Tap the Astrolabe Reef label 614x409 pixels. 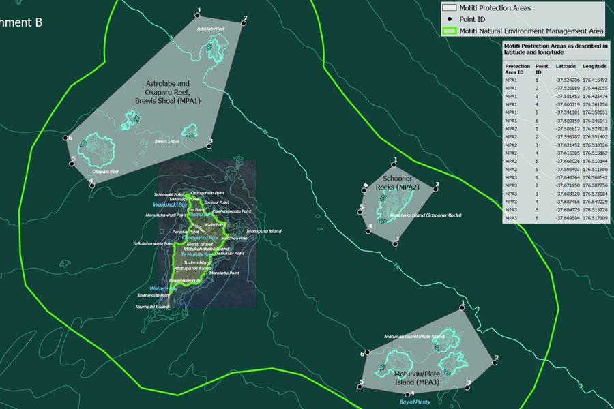coord(210,29)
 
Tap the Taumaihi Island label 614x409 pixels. coord(152,307)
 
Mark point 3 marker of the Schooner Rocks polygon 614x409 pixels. coord(396,238)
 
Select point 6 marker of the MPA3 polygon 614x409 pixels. coord(367,352)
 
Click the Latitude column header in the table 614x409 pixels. coord(565,66)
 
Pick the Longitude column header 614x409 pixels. coord(594,66)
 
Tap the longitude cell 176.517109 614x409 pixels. coord(595,218)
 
